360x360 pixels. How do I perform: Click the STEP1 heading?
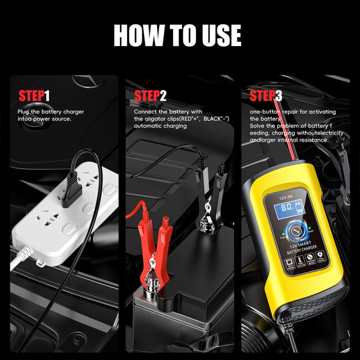pyautogui.click(x=34, y=96)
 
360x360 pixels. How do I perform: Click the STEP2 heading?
pyautogui.click(x=150, y=96)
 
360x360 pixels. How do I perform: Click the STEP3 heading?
pyautogui.click(x=266, y=96)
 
